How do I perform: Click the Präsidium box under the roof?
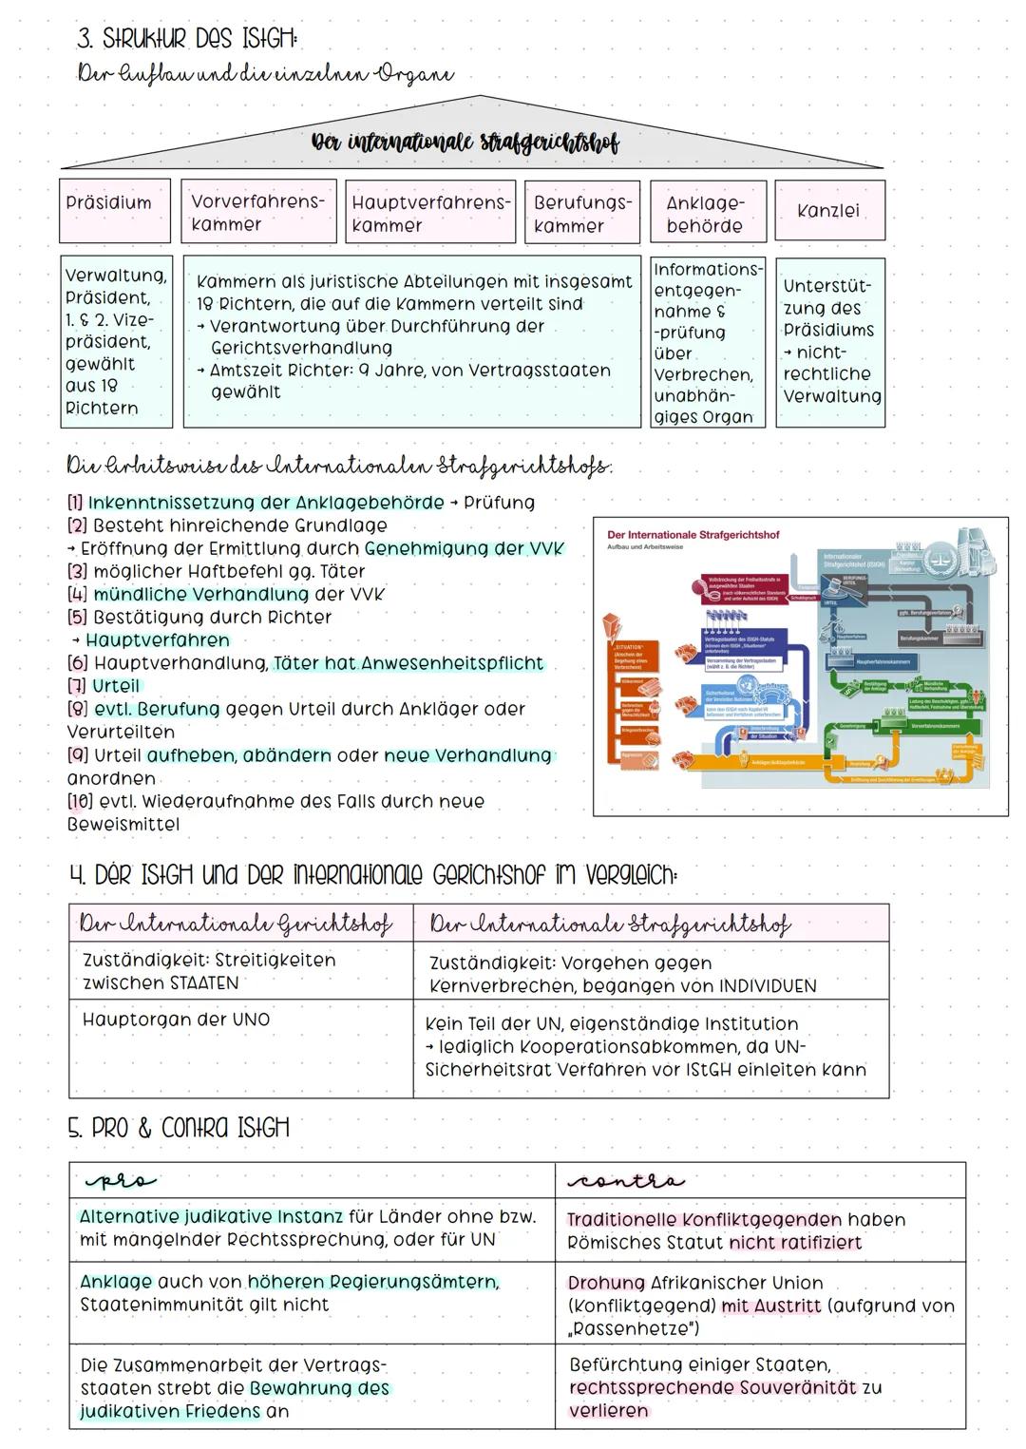[x=115, y=210]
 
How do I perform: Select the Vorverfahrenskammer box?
[x=258, y=212]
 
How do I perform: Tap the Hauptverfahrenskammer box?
[x=430, y=213]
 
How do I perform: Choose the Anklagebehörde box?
[x=708, y=213]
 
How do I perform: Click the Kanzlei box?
[x=829, y=211]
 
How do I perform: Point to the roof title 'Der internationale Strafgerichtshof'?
[x=465, y=144]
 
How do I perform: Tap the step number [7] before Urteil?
[x=77, y=686]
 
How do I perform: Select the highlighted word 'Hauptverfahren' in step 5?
[x=158, y=640]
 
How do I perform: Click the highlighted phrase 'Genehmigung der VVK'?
[x=464, y=548]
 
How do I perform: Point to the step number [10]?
[x=81, y=801]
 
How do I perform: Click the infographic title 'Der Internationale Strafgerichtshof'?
[x=693, y=535]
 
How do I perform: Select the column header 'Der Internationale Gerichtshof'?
[x=236, y=924]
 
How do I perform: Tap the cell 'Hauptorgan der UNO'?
[x=177, y=1020]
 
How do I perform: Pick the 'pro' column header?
[x=120, y=1181]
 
